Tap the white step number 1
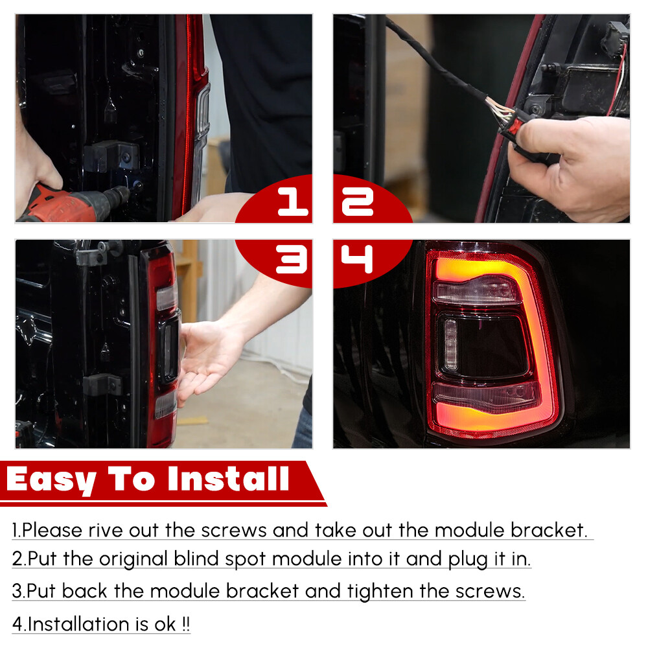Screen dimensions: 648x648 pyautogui.click(x=293, y=202)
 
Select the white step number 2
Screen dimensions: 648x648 pyautogui.click(x=358, y=202)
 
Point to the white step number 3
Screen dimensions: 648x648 pyautogui.click(x=292, y=259)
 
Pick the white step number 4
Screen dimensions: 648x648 pyautogui.click(x=357, y=259)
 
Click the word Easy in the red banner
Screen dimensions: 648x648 pyautogui.click(x=51, y=480)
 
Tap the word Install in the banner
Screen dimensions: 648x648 pyautogui.click(x=228, y=479)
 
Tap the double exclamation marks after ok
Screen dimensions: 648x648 pyautogui.click(x=186, y=624)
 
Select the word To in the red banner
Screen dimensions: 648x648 pyautogui.click(x=132, y=479)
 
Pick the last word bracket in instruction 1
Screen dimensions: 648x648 pyautogui.click(x=550, y=530)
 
